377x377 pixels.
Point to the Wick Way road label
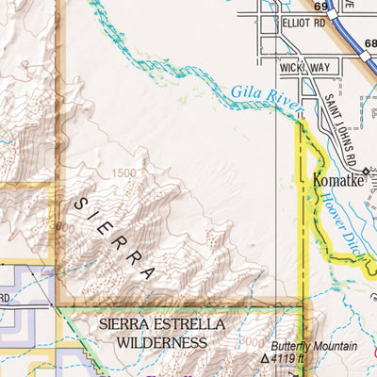tap(304, 67)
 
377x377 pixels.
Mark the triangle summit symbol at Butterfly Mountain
tap(266, 360)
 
